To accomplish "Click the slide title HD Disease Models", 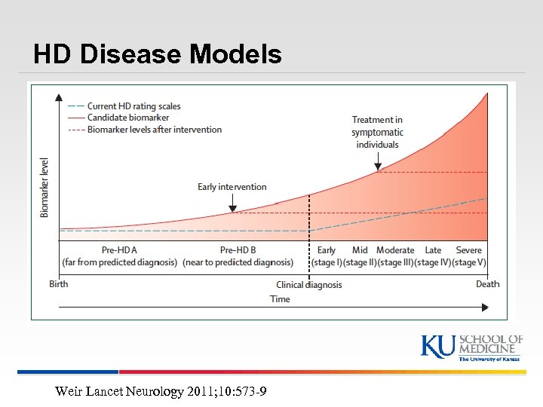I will pos(158,54).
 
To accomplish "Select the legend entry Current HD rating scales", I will pos(133,106).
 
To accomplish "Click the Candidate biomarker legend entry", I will pos(127,118).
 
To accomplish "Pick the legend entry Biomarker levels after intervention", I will pos(155,130).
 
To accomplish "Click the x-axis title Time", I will pos(280,299).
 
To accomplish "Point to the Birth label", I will pos(60,284).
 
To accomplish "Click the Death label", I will pos(487,284).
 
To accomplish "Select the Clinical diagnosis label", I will pos(309,285).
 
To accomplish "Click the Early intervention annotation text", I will pos(232,187).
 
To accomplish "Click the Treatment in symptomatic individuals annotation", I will pos(377,132).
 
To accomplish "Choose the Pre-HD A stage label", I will pos(119,250).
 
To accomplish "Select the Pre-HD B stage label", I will pos(238,250).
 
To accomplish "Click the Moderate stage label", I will pos(395,250).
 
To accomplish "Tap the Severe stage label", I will pos(468,250).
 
